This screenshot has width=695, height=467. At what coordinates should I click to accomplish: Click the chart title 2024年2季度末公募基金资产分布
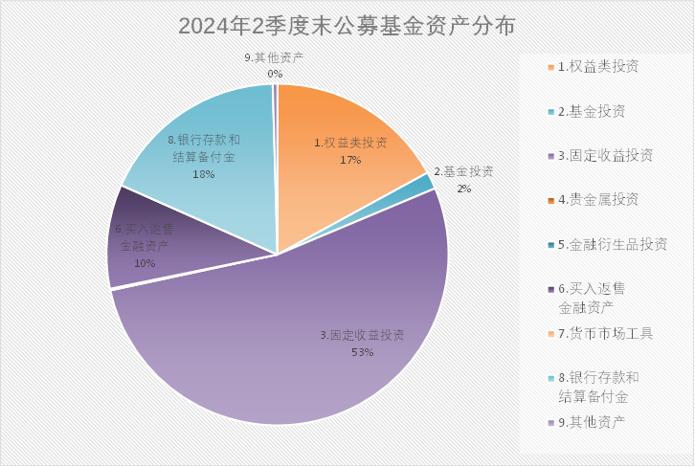[x=347, y=26]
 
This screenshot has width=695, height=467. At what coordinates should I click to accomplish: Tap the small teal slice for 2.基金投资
[x=423, y=183]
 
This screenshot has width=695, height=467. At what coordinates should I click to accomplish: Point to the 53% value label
[x=362, y=352]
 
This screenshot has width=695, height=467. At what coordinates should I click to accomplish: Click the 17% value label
[x=350, y=160]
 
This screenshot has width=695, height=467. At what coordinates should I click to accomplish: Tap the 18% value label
[x=204, y=174]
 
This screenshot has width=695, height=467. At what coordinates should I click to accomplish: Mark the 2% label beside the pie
[x=464, y=189]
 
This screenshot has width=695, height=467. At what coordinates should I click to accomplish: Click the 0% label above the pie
[x=275, y=74]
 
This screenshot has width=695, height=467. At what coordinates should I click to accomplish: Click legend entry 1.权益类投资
[x=597, y=67]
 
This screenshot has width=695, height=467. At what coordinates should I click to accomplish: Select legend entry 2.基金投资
[x=591, y=111]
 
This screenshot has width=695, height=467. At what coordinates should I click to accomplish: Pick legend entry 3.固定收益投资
[x=604, y=155]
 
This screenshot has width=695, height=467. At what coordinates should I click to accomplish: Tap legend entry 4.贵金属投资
[x=597, y=199]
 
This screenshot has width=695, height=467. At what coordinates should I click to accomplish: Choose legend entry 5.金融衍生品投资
[x=611, y=244]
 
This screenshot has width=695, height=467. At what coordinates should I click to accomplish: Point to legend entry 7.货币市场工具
[x=604, y=333]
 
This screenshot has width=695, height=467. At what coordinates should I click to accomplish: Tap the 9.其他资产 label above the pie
[x=274, y=58]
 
